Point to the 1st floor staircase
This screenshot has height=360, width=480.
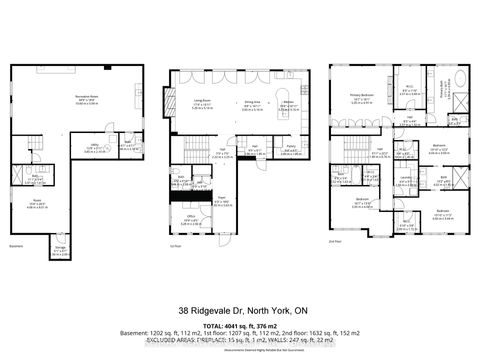click(x=190, y=150)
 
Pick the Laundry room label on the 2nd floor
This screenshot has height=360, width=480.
click(x=404, y=179)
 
